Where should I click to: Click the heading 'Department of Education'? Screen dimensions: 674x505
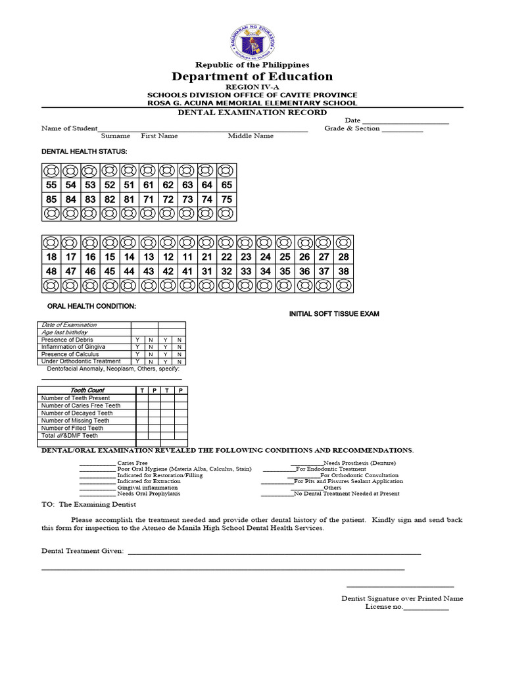tap(252, 76)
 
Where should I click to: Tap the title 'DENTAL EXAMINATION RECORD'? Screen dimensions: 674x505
tap(252, 113)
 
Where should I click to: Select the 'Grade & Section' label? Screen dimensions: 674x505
tap(352, 129)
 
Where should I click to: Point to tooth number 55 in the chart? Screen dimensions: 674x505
tap(51, 185)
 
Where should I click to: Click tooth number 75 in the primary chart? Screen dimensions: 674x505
tap(226, 199)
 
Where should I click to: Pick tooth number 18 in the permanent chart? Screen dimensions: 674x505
tap(51, 257)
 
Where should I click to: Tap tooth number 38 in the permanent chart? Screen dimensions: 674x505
tap(343, 271)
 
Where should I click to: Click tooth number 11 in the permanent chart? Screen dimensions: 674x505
tap(187, 257)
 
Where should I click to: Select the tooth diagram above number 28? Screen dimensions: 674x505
tap(343, 242)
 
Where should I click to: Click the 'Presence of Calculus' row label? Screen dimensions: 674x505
tap(70, 354)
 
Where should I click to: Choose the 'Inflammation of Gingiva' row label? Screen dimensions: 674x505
tap(73, 347)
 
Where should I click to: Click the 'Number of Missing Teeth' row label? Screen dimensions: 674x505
tap(75, 421)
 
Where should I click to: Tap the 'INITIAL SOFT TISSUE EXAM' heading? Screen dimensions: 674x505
tap(334, 314)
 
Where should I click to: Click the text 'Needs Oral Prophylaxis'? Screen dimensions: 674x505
tap(149, 494)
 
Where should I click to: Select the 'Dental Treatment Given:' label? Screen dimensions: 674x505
tap(82, 551)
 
